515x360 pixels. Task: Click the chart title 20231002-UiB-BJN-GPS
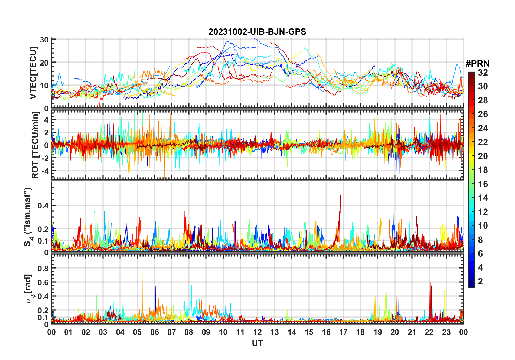tap(257, 32)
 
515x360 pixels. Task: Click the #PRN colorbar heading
tap(477, 64)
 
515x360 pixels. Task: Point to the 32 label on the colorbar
tap(483, 73)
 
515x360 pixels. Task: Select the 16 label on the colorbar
tap(483, 184)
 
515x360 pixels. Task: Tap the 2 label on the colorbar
tap(480, 282)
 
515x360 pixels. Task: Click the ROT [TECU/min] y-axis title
tap(35, 145)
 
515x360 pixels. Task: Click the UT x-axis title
tap(257, 343)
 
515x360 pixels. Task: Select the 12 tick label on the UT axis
tap(257, 332)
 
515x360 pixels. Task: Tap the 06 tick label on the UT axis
tap(155, 332)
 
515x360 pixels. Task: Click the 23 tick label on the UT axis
tap(446, 332)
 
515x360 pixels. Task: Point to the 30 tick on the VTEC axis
tap(44, 40)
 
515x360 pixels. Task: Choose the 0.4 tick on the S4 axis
tap(43, 206)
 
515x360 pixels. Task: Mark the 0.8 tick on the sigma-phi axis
tap(43, 268)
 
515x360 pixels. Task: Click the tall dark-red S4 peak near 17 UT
tap(340, 196)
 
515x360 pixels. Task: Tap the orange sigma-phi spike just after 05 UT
tap(142, 273)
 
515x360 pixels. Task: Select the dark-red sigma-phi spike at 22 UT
tap(430, 282)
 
